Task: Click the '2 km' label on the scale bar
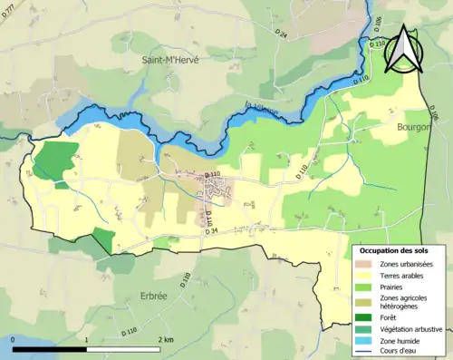pos(166,339)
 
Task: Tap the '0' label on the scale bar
pos(13,339)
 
